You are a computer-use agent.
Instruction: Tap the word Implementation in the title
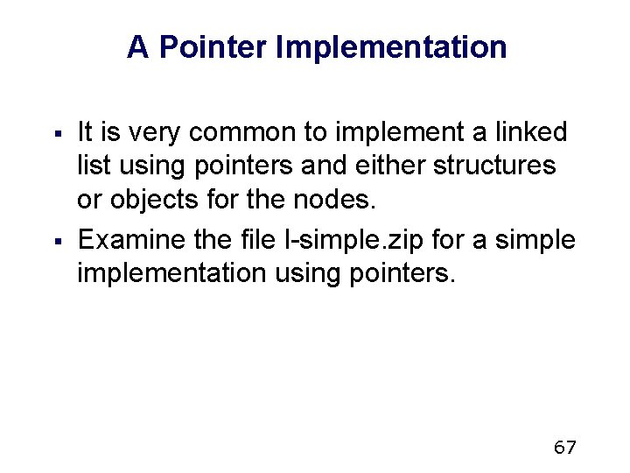pos(390,47)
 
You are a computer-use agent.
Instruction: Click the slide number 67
pos(565,448)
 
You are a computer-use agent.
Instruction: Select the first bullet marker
pos(56,134)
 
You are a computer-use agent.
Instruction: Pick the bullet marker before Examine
pos(56,239)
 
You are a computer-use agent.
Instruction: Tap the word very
pos(156,133)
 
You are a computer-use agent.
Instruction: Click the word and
pos(308,166)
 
